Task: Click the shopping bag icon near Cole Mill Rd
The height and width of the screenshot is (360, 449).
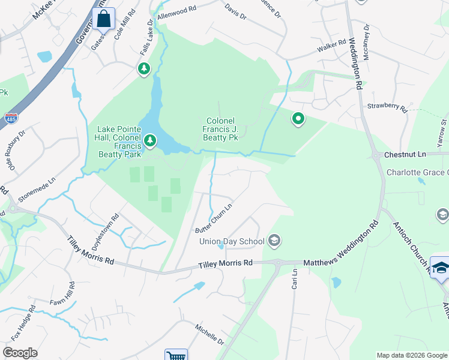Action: click(x=104, y=19)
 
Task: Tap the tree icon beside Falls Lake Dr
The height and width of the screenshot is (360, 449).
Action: click(x=144, y=70)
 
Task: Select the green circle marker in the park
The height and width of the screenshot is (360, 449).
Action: click(x=298, y=119)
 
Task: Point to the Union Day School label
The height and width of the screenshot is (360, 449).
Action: click(x=232, y=242)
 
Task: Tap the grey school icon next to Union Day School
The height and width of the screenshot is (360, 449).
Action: click(x=275, y=241)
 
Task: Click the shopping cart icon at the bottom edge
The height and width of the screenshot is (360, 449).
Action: click(x=176, y=355)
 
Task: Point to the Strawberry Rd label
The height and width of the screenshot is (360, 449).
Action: click(x=387, y=109)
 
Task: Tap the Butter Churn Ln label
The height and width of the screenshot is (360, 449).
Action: click(x=214, y=223)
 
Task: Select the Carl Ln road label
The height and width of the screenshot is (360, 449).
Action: click(x=295, y=280)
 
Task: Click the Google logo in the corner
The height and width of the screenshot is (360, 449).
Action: click(x=20, y=353)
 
